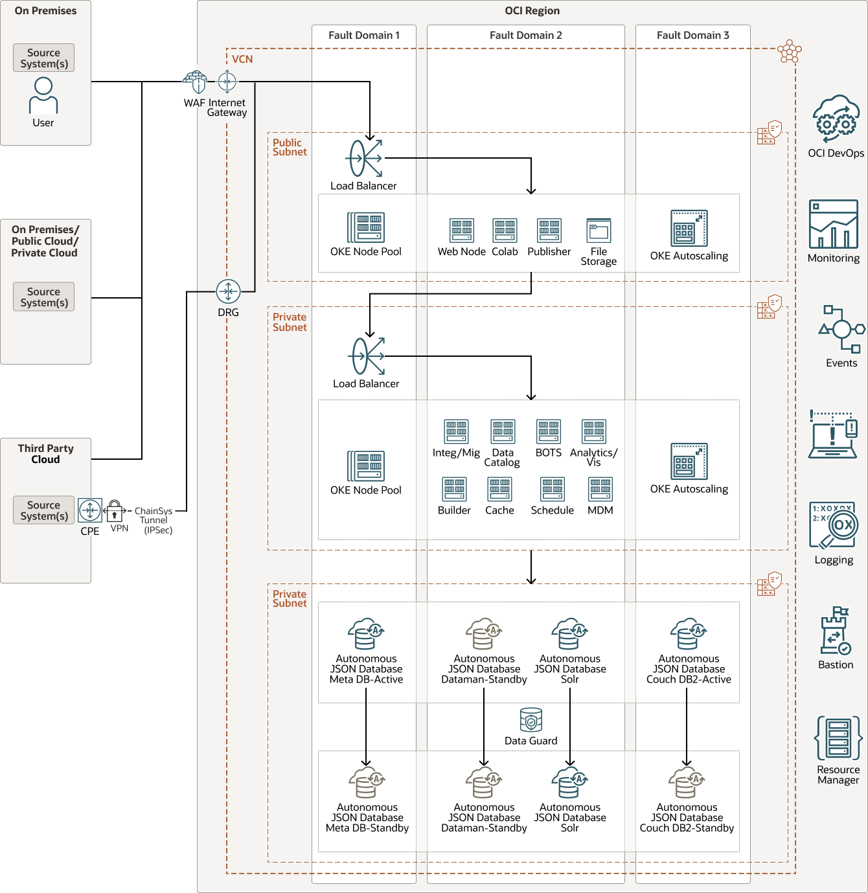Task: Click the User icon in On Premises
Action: [43, 96]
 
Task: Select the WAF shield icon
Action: [195, 82]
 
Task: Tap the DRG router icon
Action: [228, 291]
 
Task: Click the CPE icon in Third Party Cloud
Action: [90, 510]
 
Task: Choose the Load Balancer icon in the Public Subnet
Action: [365, 158]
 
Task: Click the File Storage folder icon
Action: [599, 231]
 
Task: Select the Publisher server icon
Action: [549, 231]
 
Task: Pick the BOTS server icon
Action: [548, 431]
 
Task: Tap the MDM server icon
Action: [600, 490]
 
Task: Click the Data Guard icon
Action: [531, 719]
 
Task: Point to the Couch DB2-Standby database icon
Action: [687, 783]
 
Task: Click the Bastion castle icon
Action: [835, 631]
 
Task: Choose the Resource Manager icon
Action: [838, 738]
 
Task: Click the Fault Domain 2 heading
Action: [525, 36]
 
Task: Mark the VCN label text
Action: [242, 60]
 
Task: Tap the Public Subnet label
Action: [289, 147]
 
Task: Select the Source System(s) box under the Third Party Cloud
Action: [43, 510]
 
